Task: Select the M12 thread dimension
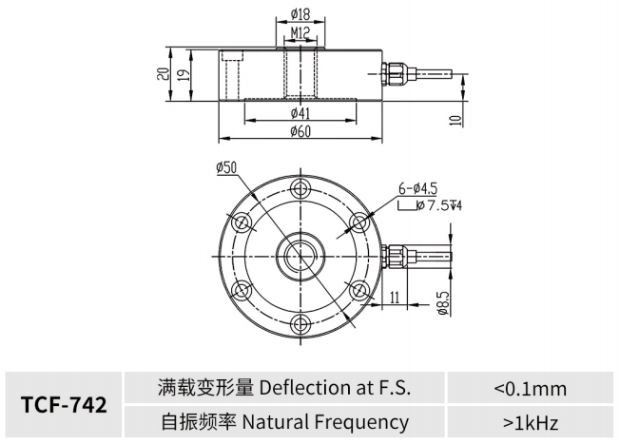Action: click(x=300, y=34)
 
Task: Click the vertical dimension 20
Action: click(x=164, y=74)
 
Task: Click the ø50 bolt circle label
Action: click(x=226, y=167)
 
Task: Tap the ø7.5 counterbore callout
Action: click(x=423, y=204)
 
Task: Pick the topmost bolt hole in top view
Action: click(x=299, y=186)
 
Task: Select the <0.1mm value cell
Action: click(x=530, y=388)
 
